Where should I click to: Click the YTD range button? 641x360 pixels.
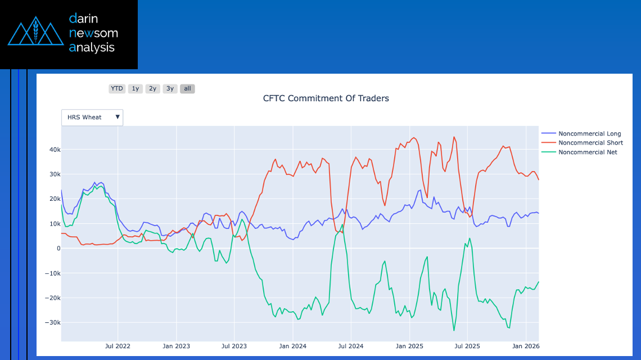(x=117, y=88)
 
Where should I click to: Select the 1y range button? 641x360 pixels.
(x=135, y=88)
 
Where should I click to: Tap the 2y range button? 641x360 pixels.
(x=152, y=88)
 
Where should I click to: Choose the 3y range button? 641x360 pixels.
(x=170, y=88)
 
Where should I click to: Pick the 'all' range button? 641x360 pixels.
(x=187, y=88)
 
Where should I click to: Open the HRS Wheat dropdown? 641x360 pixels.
(x=92, y=117)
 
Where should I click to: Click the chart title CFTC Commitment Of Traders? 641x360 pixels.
(x=326, y=98)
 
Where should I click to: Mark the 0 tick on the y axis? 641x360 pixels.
(x=58, y=249)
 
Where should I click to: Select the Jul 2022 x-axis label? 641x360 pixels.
(x=118, y=346)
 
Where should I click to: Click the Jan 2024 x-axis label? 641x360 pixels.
(x=292, y=346)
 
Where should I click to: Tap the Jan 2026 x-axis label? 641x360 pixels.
(x=525, y=346)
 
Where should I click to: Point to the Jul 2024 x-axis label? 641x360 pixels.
(x=350, y=346)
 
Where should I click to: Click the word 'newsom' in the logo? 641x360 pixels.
(x=93, y=33)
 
